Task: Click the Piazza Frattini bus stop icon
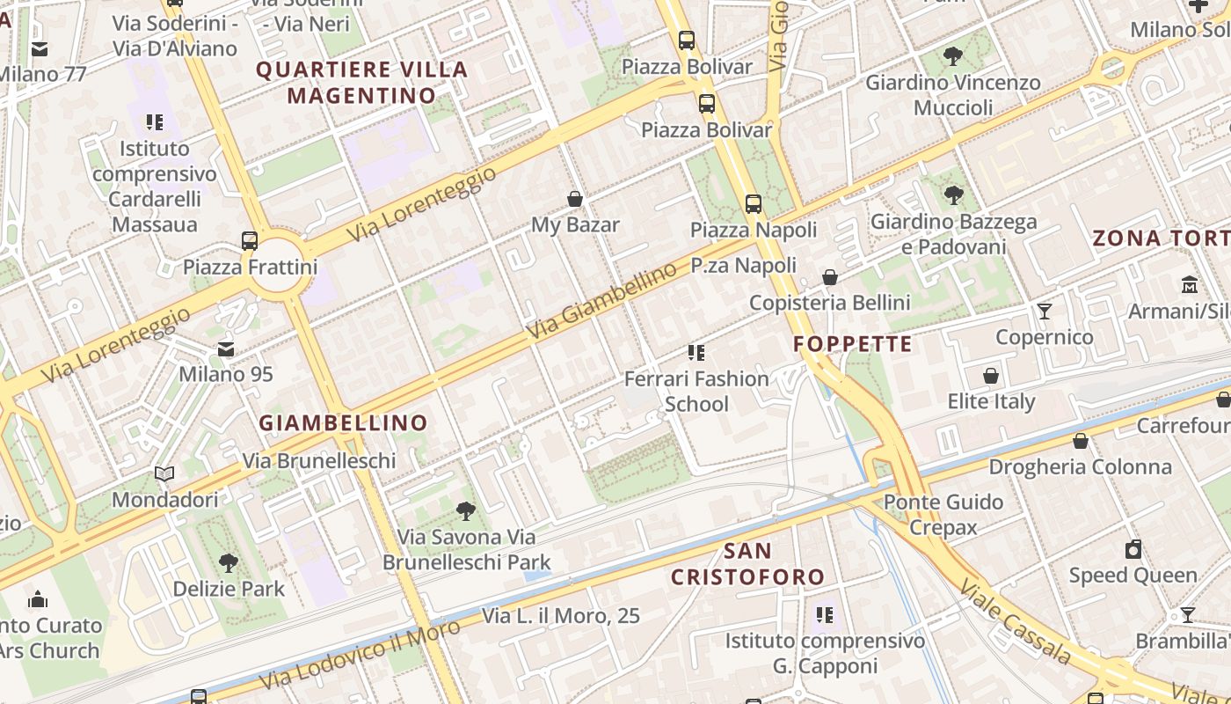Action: (x=250, y=240)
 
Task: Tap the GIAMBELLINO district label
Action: (x=343, y=422)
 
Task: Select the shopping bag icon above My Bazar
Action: (x=575, y=199)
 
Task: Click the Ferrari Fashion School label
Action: (x=696, y=392)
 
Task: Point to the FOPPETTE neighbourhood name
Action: (x=853, y=343)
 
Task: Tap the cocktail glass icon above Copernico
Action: (x=1044, y=311)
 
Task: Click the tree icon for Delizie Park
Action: (x=229, y=562)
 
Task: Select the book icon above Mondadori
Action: (x=164, y=474)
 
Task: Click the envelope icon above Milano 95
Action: (x=226, y=348)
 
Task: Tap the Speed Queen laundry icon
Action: (x=1133, y=549)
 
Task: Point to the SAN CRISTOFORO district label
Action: (x=747, y=564)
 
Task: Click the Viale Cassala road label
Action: (x=1015, y=621)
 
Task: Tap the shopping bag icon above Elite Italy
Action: (x=991, y=376)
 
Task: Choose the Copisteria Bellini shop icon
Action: (x=829, y=277)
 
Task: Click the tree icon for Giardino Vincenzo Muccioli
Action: (x=952, y=57)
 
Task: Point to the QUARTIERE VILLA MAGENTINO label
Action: (x=361, y=82)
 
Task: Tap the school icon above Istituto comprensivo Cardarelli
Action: (x=155, y=122)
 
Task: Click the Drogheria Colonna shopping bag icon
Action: (x=1081, y=441)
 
